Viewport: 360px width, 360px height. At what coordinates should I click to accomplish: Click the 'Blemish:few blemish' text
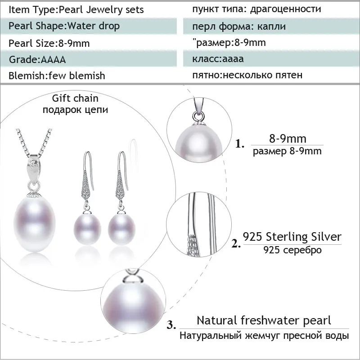(x=57, y=76)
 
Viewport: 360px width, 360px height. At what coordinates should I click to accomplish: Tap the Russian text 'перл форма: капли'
(x=238, y=26)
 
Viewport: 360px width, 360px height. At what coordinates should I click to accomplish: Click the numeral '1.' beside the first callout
(x=240, y=145)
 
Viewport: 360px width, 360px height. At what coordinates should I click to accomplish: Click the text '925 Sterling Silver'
(x=292, y=236)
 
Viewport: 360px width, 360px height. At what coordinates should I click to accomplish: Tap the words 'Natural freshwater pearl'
(x=264, y=320)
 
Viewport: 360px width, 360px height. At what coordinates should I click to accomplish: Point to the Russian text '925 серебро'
(x=292, y=250)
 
